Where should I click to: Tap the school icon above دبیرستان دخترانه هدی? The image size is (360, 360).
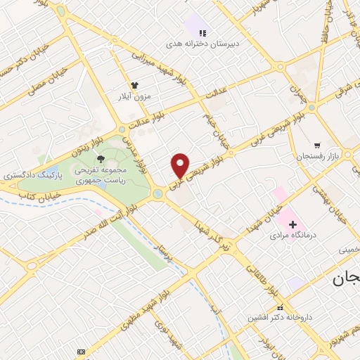pyautogui.click(x=202, y=32)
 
